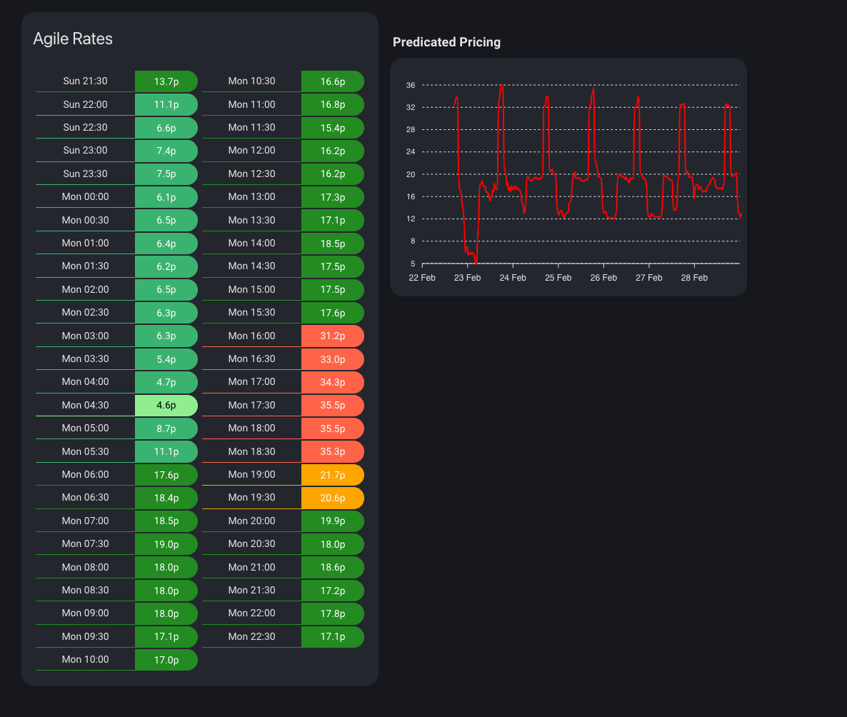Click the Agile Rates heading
[73, 39]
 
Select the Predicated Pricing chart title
[446, 42]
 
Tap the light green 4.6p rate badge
[166, 405]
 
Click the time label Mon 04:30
[85, 405]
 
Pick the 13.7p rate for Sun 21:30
[166, 81]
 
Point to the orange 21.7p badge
[332, 475]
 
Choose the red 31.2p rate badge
[332, 336]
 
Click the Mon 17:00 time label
[251, 382]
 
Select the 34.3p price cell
[332, 382]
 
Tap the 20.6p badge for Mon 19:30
[332, 498]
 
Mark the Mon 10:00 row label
[85, 659]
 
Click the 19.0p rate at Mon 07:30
[166, 544]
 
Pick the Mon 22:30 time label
[251, 636]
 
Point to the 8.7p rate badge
[166, 428]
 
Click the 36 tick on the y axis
[411, 85]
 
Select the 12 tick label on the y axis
[411, 219]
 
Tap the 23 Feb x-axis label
[467, 278]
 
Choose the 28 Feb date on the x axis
[693, 278]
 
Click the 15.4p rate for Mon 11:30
[332, 128]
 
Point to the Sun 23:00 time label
[85, 151]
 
